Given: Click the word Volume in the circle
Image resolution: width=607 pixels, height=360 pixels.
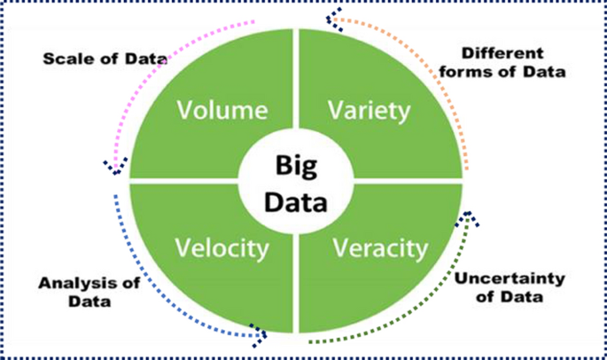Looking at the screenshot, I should pos(222,111).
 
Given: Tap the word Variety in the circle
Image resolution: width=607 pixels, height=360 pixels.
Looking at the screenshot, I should pos(369,111).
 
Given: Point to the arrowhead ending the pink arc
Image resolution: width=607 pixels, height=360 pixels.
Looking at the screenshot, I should pos(115,165).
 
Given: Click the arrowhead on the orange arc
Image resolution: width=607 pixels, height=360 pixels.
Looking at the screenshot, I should pos(334,15).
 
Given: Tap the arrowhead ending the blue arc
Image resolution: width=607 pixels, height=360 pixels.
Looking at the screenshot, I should pos(259,333).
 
